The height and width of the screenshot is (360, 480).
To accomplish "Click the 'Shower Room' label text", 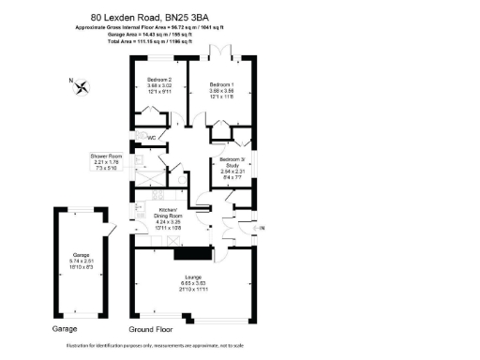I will tap(106, 156).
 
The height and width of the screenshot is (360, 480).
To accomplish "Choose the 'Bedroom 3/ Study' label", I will tap(232, 162).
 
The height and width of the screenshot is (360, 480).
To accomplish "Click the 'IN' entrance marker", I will tap(262, 228).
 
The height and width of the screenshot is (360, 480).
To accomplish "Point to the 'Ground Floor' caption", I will tap(151, 330).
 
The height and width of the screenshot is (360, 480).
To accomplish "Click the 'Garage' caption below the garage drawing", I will tap(66, 330).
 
